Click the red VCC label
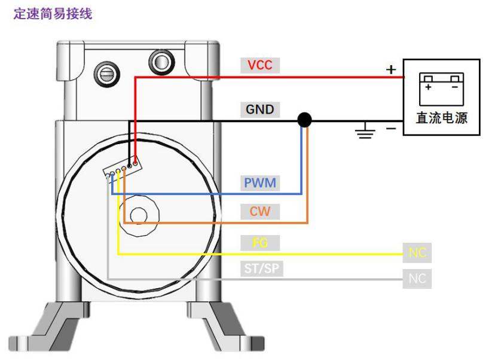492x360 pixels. [x=260, y=65]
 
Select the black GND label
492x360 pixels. [x=260, y=109]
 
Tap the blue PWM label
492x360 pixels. [x=260, y=182]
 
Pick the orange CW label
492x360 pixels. [x=260, y=211]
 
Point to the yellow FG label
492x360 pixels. [x=260, y=243]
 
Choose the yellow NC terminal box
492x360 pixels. [x=417, y=253]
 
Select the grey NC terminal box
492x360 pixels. [x=417, y=279]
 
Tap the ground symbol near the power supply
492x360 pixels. [x=365, y=132]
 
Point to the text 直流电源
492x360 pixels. [x=441, y=118]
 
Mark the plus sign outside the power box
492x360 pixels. [x=391, y=69]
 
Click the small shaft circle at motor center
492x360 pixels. [x=139, y=214]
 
